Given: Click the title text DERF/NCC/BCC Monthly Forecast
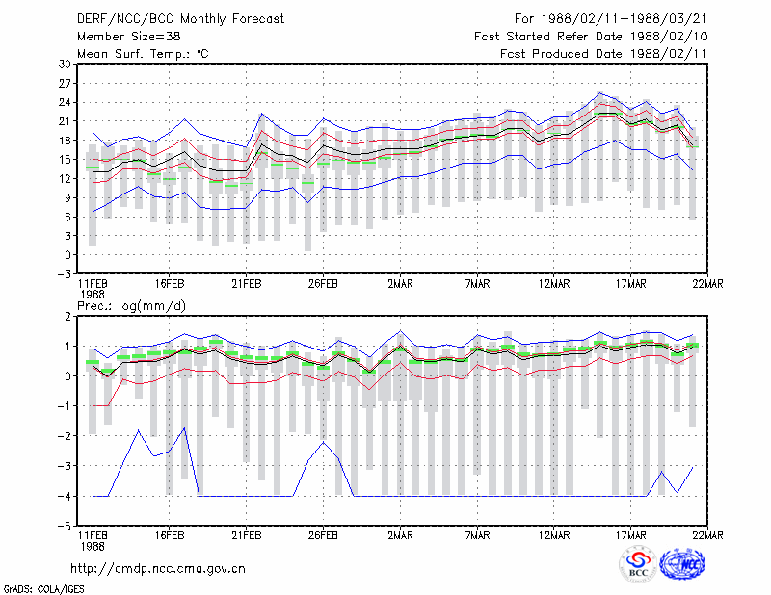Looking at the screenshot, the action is click(x=180, y=19).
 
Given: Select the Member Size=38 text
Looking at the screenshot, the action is click(x=129, y=37).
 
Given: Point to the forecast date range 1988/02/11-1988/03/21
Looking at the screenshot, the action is click(x=610, y=19).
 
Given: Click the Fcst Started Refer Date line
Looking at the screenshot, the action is click(x=591, y=37).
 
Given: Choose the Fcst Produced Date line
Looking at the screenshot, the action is click(x=603, y=54).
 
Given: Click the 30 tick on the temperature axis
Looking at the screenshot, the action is click(x=65, y=64).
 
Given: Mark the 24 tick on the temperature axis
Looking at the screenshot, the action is click(x=65, y=102).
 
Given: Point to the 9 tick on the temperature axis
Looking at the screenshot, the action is click(x=67, y=197).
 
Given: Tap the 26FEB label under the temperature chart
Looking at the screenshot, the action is click(x=323, y=284).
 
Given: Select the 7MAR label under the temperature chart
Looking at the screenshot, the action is click(x=477, y=284).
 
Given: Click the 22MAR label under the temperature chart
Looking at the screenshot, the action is click(x=707, y=284).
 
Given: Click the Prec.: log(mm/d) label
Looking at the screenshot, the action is click(x=131, y=306).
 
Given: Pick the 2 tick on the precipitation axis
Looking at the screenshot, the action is click(x=67, y=317).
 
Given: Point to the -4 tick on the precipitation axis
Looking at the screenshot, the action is click(x=65, y=496).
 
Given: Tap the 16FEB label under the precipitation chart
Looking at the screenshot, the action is click(x=170, y=535).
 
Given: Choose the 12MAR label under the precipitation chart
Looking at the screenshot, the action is click(x=553, y=535).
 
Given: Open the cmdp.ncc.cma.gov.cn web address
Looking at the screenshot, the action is click(x=158, y=569).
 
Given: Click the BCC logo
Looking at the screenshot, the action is click(x=638, y=565).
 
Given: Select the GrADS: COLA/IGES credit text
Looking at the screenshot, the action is click(x=43, y=589).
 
